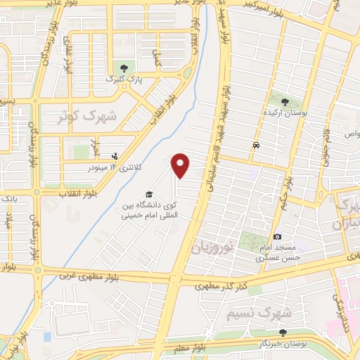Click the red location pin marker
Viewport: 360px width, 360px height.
(x=181, y=165)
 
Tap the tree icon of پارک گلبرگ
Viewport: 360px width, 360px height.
(x=124, y=68)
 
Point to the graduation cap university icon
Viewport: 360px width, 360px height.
(x=148, y=194)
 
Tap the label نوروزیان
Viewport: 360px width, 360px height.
(x=210, y=246)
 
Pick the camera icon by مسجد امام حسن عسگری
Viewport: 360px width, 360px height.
(x=278, y=236)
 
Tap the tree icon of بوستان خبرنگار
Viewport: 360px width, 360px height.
(x=283, y=333)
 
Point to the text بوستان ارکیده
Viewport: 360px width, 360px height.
(x=288, y=112)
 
